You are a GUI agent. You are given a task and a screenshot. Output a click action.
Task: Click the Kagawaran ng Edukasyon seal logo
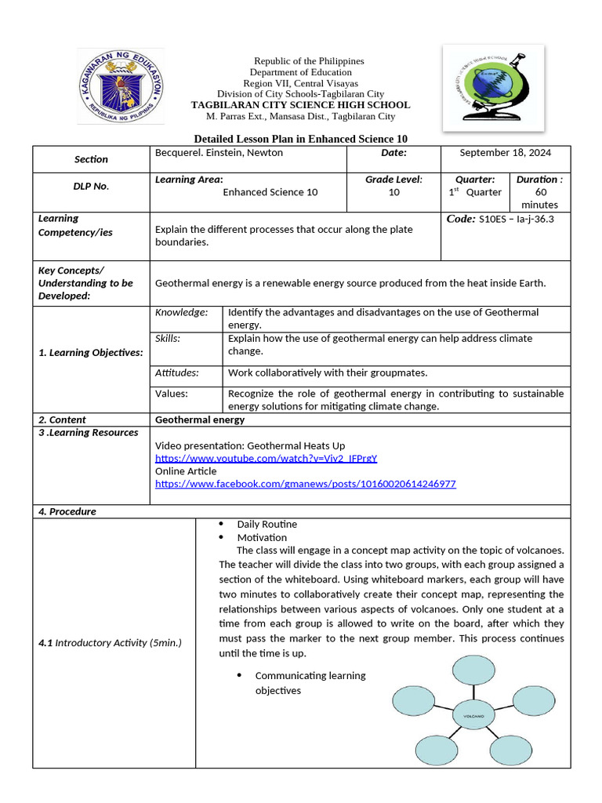pos(121,85)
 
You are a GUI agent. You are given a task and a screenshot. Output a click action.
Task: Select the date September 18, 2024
pos(506,153)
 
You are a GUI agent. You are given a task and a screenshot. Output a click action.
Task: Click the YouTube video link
pos(266,458)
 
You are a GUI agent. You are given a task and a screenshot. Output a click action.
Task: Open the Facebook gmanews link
pos(305,484)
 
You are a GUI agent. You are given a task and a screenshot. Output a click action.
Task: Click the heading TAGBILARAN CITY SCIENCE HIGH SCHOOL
pos(300,105)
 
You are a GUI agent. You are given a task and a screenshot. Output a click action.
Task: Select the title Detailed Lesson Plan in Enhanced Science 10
pos(300,139)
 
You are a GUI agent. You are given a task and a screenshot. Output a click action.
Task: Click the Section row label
pos(91,159)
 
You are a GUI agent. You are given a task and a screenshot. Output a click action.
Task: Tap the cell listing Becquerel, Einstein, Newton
pos(219,153)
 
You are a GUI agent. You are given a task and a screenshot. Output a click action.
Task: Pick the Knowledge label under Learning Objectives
pos(181,312)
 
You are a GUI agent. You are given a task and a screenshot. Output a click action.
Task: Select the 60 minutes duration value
pos(539,198)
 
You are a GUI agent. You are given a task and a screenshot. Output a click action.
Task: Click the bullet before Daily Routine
pos(221,524)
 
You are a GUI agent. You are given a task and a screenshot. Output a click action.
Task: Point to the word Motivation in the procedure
pos(262,537)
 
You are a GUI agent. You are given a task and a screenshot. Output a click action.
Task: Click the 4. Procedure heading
pos(67,511)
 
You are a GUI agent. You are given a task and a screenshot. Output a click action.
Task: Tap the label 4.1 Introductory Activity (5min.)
pos(110,643)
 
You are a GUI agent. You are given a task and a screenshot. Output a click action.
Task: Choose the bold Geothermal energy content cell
pos(200,420)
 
